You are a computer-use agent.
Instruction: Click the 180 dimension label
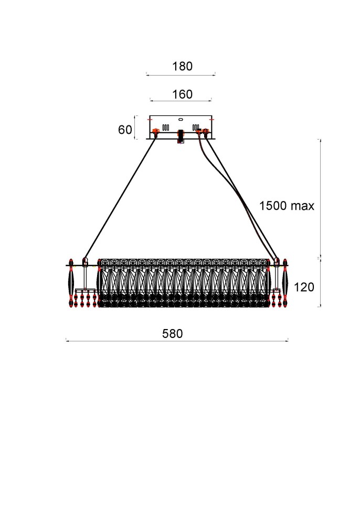[x=182, y=66]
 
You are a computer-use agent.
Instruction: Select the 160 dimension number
[x=182, y=94]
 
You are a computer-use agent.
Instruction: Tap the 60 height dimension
[x=125, y=130]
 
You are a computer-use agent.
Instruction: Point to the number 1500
[x=273, y=206]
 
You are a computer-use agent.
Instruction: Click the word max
[x=302, y=206]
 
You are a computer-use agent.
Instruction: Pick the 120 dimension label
[x=304, y=287]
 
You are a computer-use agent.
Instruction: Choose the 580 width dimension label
[x=172, y=334]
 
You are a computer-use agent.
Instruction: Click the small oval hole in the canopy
[x=181, y=119]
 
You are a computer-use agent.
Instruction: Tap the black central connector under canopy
[x=181, y=136]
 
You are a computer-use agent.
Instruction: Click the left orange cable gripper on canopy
[x=155, y=132]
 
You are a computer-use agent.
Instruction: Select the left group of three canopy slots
[x=165, y=127]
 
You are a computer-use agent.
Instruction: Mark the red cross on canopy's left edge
[x=150, y=120]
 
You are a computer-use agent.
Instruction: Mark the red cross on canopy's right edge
[x=211, y=120]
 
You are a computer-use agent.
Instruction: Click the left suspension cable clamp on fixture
[x=85, y=261]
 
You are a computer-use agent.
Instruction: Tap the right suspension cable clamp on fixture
[x=276, y=261]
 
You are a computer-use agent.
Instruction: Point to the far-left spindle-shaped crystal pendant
[x=71, y=283]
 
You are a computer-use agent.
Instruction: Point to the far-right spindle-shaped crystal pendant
[x=285, y=283]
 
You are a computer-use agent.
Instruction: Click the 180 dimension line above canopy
[x=181, y=76]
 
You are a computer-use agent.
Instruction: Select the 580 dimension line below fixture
[x=177, y=341]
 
